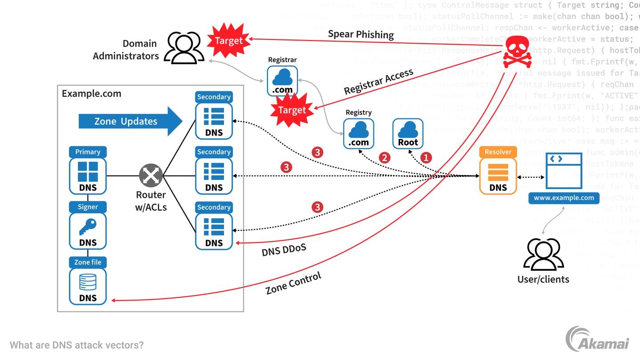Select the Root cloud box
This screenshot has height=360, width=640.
(408, 133)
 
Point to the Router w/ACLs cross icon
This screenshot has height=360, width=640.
(151, 176)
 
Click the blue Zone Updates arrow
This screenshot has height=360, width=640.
(130, 121)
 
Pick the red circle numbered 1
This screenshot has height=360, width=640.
(426, 157)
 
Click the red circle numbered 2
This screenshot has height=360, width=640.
(384, 157)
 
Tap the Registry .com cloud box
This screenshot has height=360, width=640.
(359, 133)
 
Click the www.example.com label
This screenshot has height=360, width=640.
(564, 198)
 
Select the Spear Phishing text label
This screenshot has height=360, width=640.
(361, 34)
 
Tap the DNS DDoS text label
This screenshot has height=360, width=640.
(284, 250)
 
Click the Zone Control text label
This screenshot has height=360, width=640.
(293, 284)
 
